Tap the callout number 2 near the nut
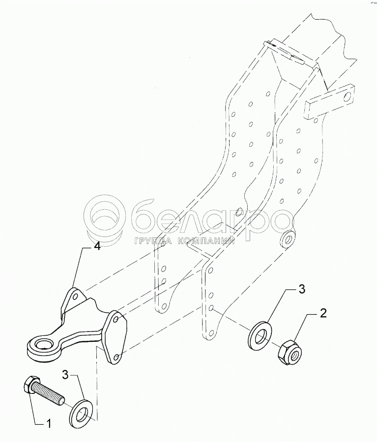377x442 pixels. pos(323,313)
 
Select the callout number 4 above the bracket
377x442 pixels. pos(97,246)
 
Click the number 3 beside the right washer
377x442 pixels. pos(301,289)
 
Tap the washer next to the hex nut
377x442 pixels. pos(261,335)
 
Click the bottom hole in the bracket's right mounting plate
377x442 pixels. pos(115,357)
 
